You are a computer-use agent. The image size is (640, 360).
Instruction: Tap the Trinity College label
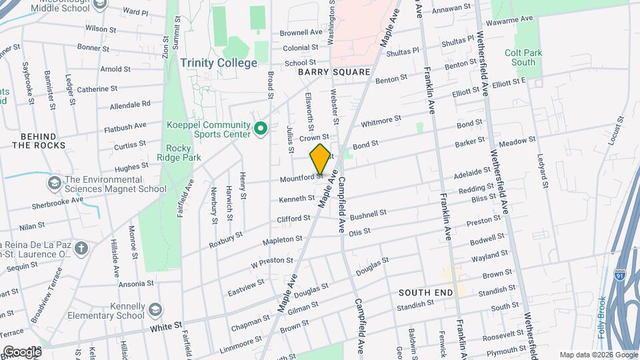[x=218, y=63]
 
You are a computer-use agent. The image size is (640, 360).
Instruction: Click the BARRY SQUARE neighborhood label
[x=334, y=71]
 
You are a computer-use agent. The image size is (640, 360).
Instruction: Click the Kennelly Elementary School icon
[x=155, y=310]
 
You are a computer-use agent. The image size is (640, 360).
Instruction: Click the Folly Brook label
[x=602, y=316]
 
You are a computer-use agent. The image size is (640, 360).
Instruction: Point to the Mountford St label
[x=301, y=178]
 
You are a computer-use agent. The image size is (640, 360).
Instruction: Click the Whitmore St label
[x=381, y=121]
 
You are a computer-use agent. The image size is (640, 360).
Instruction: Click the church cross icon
[x=81, y=249]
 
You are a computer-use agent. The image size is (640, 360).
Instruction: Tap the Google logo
[x=21, y=351]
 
